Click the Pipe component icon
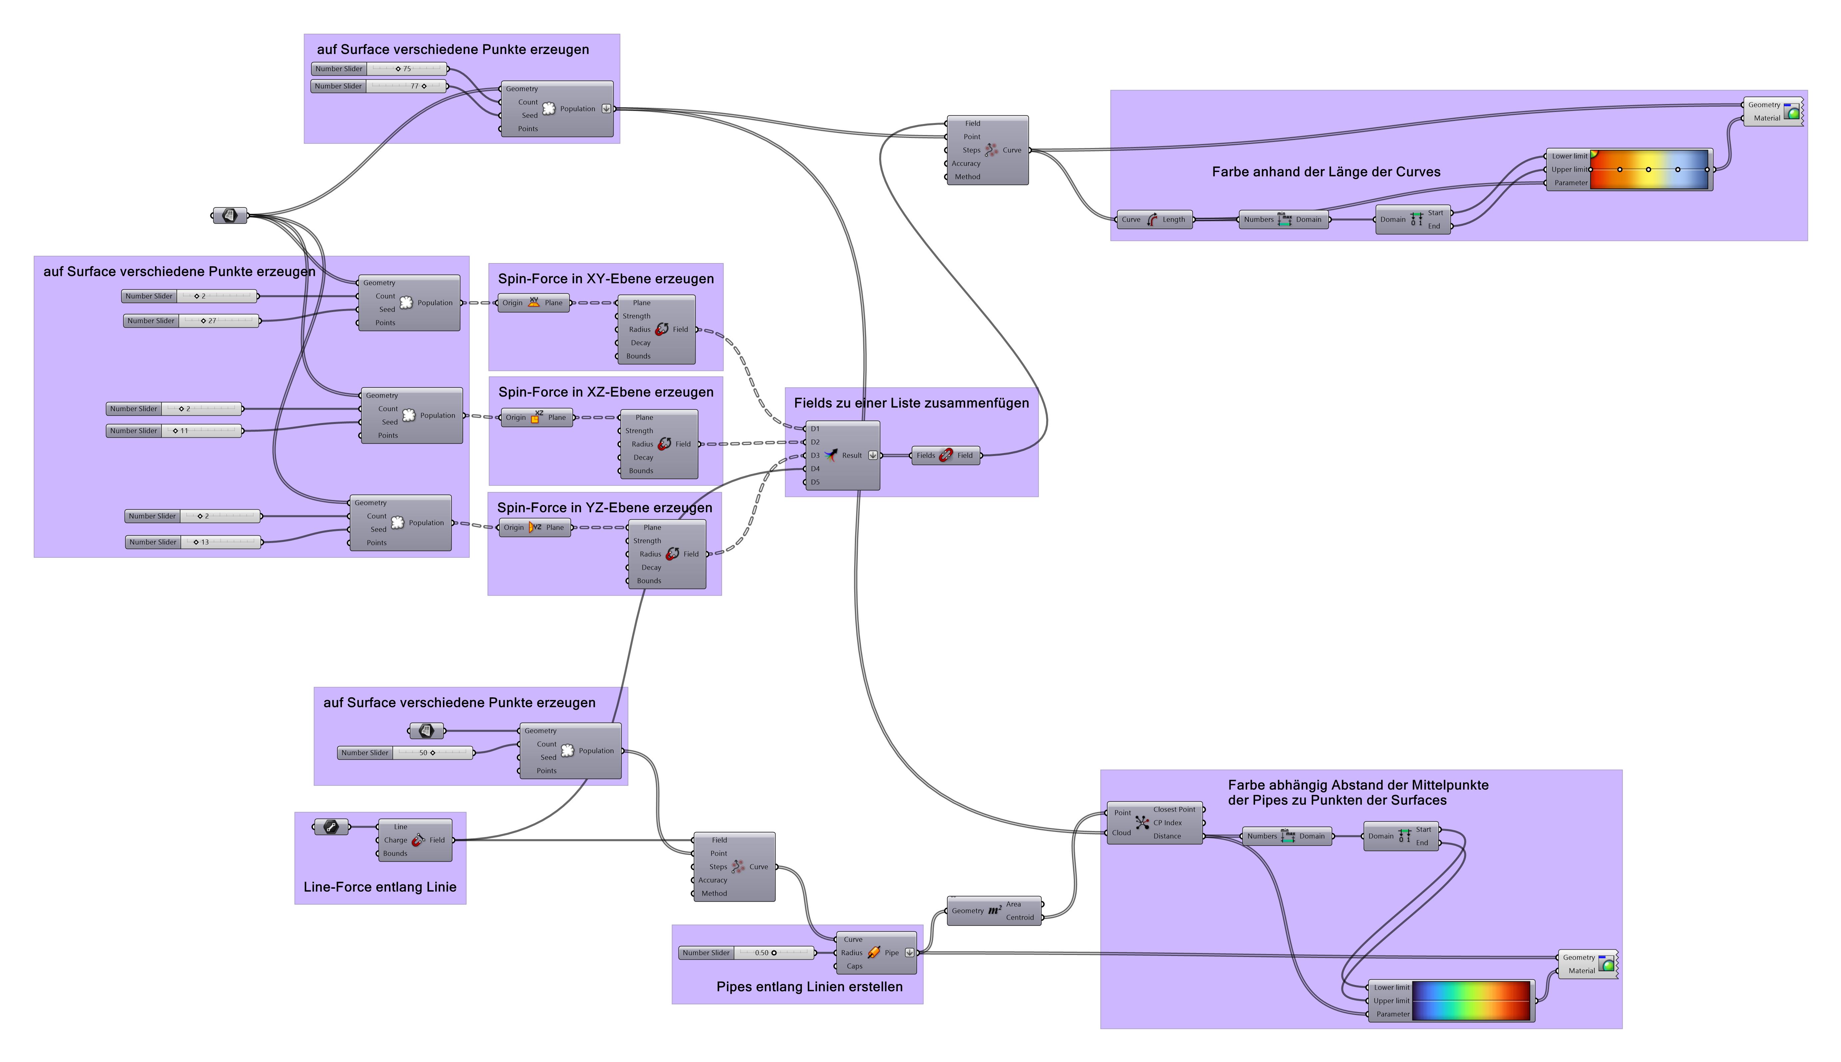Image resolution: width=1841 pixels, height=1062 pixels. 874,953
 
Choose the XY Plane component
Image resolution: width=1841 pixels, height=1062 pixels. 534,303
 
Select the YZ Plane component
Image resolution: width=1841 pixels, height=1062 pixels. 535,527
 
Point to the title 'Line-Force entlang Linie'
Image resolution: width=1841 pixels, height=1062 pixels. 380,887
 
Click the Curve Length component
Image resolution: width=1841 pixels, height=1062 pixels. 1153,220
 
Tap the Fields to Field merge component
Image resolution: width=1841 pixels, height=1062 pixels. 945,455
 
